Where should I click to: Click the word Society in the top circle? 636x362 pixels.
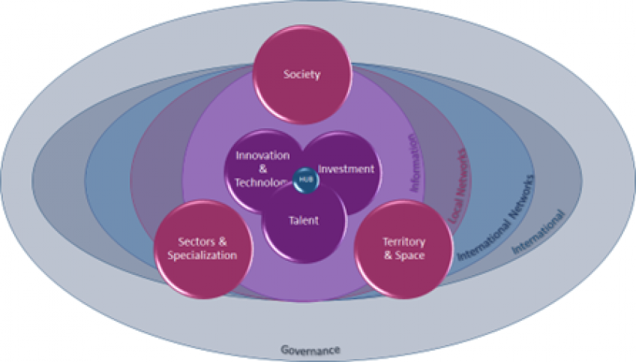pos(302,74)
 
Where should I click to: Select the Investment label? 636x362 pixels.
pos(346,169)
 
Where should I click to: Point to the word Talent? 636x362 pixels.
pos(304,220)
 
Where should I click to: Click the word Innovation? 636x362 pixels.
pos(262,155)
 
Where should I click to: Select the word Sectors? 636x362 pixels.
pos(191,241)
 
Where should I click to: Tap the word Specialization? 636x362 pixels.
pos(202,255)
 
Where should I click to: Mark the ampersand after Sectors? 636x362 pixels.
pos(222,241)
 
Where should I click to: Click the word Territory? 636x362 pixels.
pos(403,242)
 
